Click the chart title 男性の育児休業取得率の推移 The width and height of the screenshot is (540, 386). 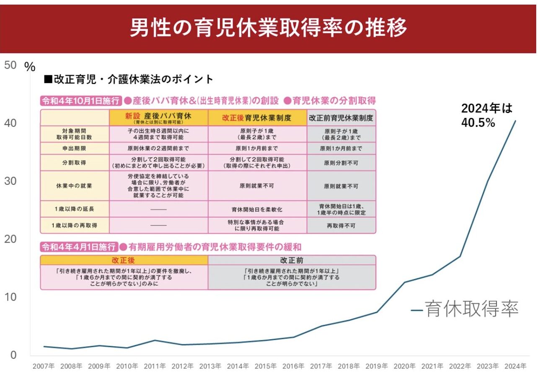point(268,28)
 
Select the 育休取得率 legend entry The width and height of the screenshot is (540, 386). point(465,309)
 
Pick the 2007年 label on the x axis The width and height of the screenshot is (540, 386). point(44,366)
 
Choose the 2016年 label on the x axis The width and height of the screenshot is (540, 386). point(293,366)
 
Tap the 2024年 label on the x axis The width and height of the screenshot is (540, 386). point(515,366)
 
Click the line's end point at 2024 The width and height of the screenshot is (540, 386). point(515,121)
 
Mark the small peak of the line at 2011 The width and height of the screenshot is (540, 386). point(155,340)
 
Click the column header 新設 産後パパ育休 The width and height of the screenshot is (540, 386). point(158,118)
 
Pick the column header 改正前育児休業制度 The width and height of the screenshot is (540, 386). point(341,118)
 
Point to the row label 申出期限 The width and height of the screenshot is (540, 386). point(75,148)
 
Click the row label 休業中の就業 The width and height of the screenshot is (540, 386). point(75,186)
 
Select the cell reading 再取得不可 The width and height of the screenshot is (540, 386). point(341,225)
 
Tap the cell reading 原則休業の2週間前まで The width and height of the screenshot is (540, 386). point(158,148)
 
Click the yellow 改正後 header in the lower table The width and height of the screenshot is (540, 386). point(124,260)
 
